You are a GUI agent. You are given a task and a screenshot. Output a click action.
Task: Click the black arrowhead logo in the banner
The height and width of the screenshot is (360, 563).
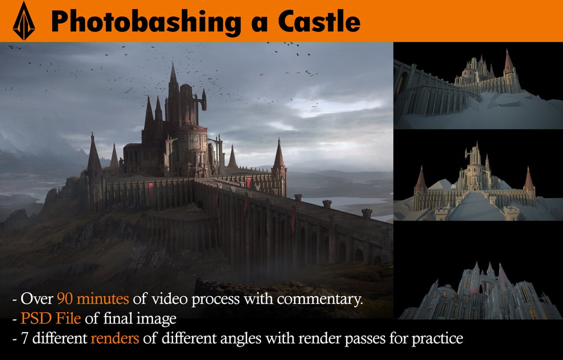[24, 21]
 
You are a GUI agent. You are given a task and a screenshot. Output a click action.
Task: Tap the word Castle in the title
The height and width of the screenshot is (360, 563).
[319, 21]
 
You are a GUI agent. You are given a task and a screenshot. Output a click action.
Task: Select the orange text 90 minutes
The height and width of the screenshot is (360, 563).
[92, 298]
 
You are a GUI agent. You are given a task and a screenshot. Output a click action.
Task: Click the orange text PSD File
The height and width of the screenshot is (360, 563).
[50, 319]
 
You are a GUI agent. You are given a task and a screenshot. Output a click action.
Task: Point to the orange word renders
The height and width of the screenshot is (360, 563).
[115, 339]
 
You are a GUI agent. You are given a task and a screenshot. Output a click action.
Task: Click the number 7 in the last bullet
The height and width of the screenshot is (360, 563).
[25, 339]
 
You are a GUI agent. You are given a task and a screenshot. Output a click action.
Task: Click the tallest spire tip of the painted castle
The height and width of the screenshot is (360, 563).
[173, 63]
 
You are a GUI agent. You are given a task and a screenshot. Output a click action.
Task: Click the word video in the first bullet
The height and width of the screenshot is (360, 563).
[167, 298]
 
